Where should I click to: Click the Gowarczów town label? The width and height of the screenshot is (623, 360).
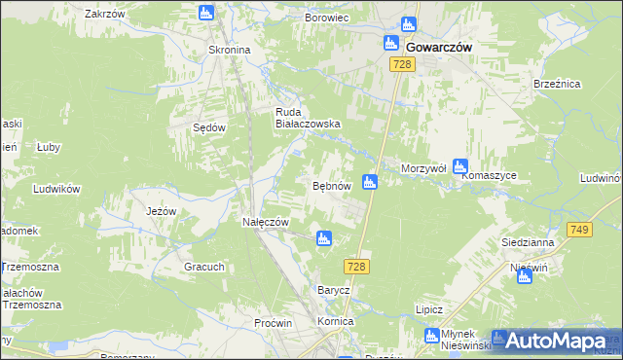[x=438, y=45]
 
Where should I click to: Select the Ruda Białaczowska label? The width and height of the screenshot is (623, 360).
[x=307, y=117]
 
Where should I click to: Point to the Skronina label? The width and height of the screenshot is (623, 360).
[x=230, y=50]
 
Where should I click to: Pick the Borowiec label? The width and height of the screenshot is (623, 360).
[x=326, y=18]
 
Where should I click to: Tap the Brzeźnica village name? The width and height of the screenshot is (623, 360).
[x=557, y=85]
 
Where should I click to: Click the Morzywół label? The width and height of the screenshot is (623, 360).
[x=423, y=168]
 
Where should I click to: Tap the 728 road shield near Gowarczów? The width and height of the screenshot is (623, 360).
[x=404, y=64]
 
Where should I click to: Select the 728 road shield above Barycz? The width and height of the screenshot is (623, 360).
[x=355, y=266]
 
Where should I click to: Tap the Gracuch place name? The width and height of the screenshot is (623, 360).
[x=204, y=266]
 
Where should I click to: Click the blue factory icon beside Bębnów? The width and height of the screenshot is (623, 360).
[x=370, y=181]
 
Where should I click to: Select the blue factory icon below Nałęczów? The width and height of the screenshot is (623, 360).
[x=323, y=237]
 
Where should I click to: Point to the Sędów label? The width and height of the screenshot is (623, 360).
[x=211, y=127]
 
